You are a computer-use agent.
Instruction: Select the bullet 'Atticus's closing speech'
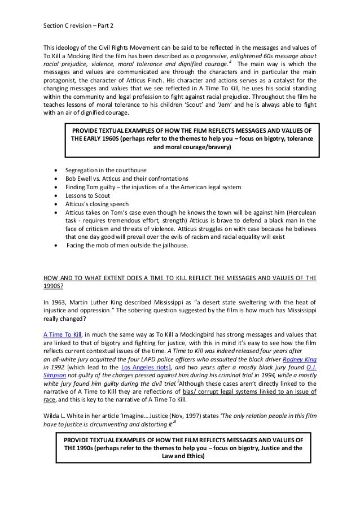coord(97,204)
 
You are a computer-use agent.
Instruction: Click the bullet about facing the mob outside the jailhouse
coord(133,246)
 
